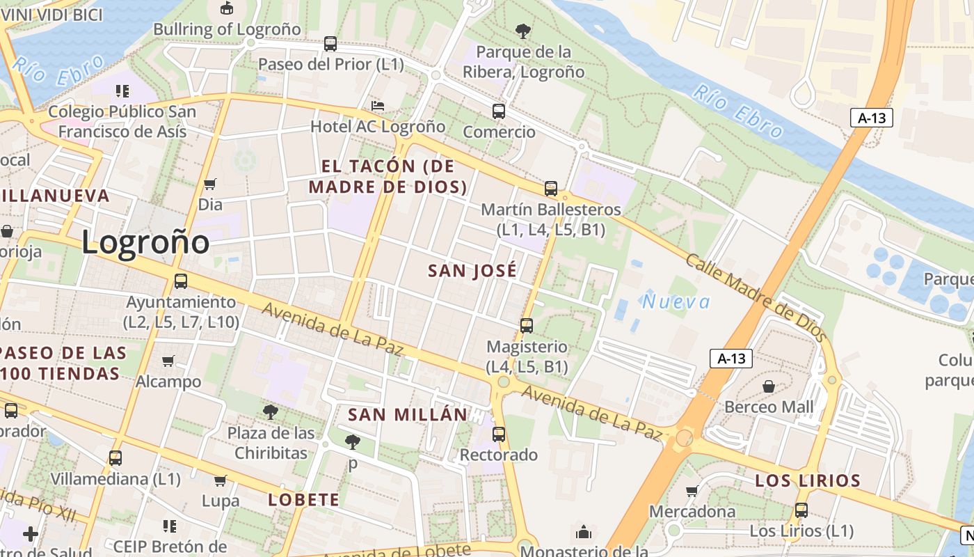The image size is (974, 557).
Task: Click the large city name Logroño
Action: click(x=145, y=242)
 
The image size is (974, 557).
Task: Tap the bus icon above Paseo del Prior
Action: click(x=330, y=44)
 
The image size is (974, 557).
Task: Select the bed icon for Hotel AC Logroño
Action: click(x=378, y=106)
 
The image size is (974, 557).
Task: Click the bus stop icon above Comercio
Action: click(x=499, y=111)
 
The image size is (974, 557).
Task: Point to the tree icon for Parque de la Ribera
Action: click(x=523, y=31)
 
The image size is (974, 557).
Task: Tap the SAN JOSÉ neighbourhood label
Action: click(x=472, y=271)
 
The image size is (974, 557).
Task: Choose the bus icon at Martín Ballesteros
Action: click(x=551, y=188)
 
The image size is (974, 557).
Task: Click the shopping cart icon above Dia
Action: click(x=210, y=185)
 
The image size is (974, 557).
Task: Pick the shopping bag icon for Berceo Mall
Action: click(x=769, y=386)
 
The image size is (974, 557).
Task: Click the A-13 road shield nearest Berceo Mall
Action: click(x=732, y=359)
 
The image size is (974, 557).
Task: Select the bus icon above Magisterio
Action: click(x=527, y=325)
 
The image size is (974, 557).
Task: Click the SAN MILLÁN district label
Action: click(x=408, y=415)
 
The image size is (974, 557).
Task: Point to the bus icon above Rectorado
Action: click(x=499, y=434)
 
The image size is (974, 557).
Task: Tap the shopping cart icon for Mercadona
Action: click(x=692, y=492)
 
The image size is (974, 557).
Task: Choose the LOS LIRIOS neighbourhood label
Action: click(x=808, y=480)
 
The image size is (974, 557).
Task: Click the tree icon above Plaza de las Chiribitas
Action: click(x=271, y=412)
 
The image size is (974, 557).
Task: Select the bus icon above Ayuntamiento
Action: click(x=181, y=281)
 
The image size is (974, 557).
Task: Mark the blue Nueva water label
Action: click(x=676, y=301)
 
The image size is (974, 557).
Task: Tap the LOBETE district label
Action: click(x=304, y=500)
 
